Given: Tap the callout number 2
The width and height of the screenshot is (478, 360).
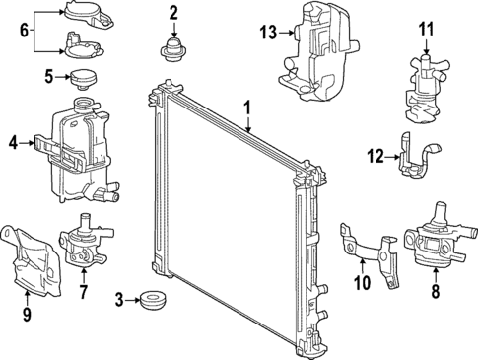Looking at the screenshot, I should click(x=173, y=13).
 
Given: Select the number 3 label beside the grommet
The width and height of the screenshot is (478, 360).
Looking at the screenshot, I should click(x=120, y=299).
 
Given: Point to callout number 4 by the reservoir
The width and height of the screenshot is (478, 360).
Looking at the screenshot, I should click(x=13, y=143).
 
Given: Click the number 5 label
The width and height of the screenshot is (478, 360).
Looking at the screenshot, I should click(x=48, y=76).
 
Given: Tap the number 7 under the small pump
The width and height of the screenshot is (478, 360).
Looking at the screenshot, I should click(x=83, y=292).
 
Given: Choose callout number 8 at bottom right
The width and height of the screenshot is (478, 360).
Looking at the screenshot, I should click(x=435, y=292).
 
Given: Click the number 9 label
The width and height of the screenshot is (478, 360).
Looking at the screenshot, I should click(x=26, y=315).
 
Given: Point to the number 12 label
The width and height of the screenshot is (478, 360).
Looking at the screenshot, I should click(x=376, y=154).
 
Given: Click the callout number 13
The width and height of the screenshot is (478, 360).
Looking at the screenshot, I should click(x=269, y=33).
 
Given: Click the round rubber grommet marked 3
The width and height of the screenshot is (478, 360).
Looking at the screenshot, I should click(x=153, y=299).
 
